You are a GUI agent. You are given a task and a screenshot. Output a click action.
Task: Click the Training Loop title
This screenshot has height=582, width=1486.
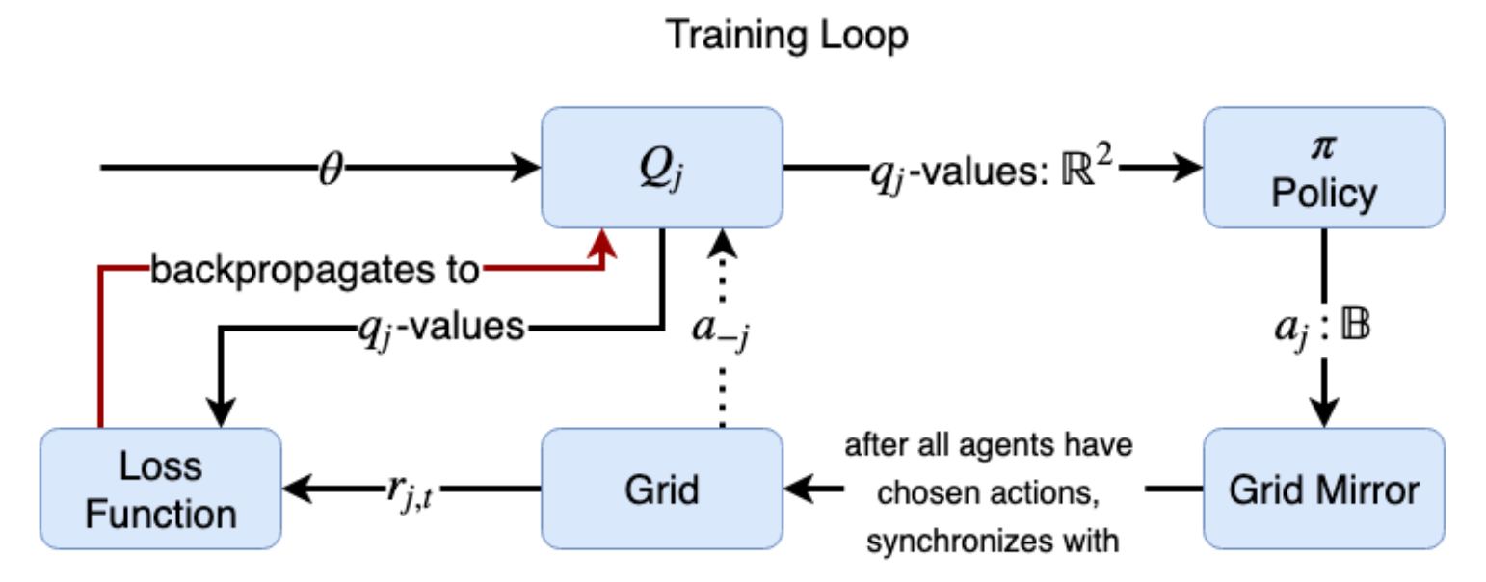(x=787, y=36)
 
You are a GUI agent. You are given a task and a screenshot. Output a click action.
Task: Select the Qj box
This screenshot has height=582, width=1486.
(x=661, y=167)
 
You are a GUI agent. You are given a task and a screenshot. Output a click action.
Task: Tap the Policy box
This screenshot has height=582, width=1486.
(x=1323, y=167)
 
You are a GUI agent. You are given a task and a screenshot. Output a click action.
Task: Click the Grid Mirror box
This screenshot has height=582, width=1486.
(x=1323, y=489)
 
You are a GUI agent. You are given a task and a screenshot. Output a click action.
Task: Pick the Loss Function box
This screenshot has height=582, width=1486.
(x=160, y=489)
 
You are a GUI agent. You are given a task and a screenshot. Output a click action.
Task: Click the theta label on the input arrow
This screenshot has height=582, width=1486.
(x=330, y=168)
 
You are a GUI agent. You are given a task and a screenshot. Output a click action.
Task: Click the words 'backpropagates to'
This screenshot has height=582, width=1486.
(x=314, y=272)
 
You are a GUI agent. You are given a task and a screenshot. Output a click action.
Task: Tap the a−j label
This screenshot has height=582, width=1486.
(x=720, y=328)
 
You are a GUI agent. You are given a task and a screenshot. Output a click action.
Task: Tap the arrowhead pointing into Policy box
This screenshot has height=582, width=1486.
(x=1191, y=168)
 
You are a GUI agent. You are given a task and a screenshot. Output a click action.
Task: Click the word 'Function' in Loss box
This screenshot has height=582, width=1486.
(x=160, y=513)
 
